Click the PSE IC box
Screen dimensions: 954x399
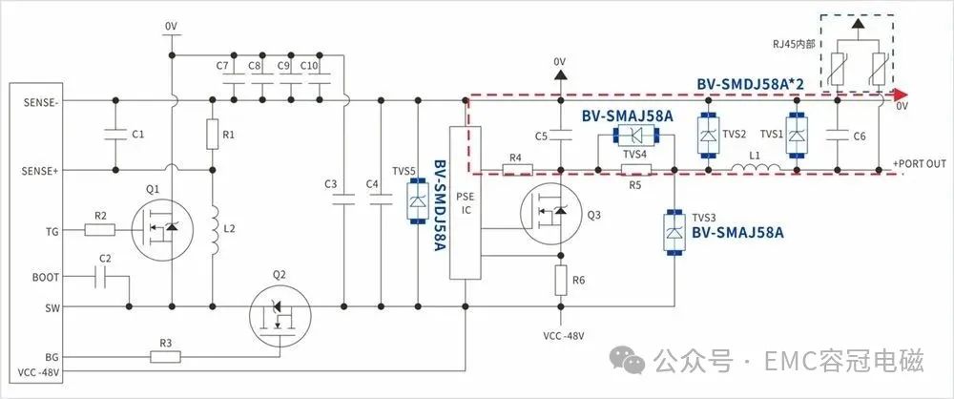click(x=466, y=203)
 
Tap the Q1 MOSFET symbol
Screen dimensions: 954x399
click(x=162, y=230)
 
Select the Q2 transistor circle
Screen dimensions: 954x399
click(x=280, y=316)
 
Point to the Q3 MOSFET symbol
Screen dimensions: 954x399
click(x=551, y=215)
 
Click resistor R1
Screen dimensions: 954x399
click(x=213, y=135)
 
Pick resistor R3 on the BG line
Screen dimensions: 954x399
click(x=165, y=356)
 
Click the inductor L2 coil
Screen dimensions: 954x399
click(x=214, y=230)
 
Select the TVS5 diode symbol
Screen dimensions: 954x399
click(x=417, y=201)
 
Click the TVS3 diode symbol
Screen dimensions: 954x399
click(x=674, y=232)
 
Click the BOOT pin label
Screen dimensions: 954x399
click(x=45, y=277)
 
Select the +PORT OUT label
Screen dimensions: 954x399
click(x=920, y=164)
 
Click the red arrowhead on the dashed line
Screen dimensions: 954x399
click(x=900, y=94)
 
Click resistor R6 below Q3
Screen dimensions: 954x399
click(x=560, y=281)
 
